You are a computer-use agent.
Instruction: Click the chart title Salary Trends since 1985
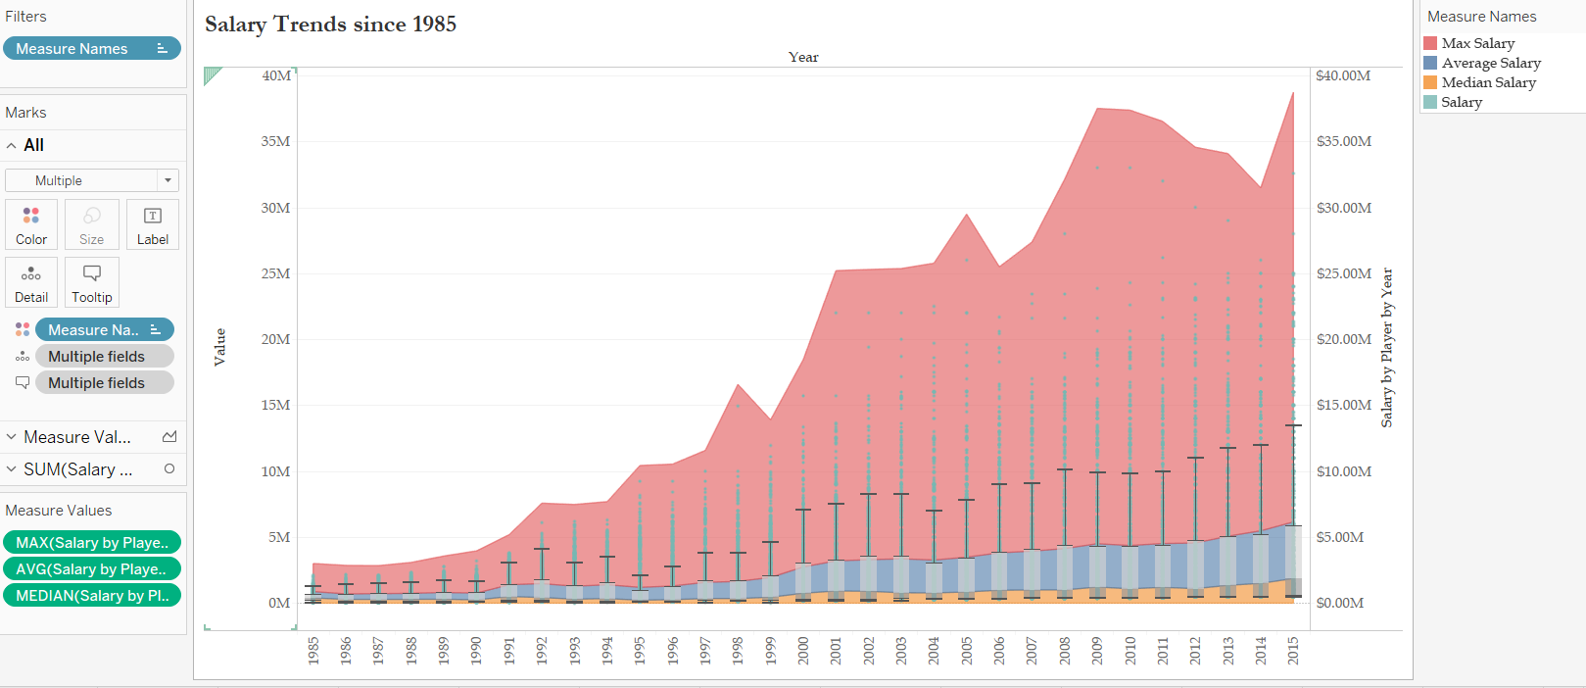coord(330,25)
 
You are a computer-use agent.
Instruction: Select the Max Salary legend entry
coord(1477,43)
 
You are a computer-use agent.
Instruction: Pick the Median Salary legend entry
coord(1488,82)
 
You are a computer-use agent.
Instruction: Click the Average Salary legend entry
coord(1490,63)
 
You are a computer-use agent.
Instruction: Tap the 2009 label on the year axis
coord(1097,651)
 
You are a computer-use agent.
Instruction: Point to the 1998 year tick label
coord(738,651)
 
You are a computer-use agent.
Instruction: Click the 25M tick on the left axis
coord(275,273)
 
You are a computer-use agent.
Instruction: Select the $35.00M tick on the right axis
coord(1343,141)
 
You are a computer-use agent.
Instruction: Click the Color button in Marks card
coord(31,224)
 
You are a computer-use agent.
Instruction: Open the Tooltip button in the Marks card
coord(92,282)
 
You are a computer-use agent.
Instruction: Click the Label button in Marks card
coord(153,224)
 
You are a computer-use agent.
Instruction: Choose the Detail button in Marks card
coord(31,282)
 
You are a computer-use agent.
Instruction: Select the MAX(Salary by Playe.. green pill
coord(92,542)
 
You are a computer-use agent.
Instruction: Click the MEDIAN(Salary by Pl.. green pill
coord(92,595)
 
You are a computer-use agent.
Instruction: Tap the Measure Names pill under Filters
coord(91,48)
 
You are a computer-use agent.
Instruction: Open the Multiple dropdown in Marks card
coord(92,180)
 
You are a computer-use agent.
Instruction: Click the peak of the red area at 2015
coord(1293,94)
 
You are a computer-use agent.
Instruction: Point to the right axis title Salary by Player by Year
coord(1386,348)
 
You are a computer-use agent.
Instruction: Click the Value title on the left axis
coord(219,347)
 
